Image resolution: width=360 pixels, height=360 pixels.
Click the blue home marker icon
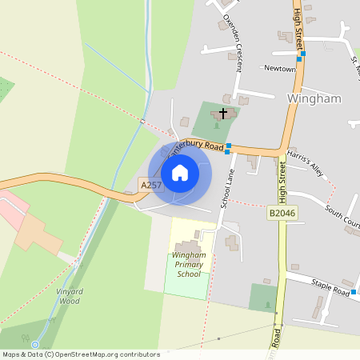click(180, 172)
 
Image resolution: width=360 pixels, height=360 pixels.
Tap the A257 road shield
click(151, 185)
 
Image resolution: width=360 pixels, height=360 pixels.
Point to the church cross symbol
click(222, 114)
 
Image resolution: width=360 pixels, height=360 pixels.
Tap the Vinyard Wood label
click(70, 296)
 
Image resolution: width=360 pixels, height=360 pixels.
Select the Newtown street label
click(280, 69)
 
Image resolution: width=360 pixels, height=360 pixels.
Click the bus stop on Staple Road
click(354, 294)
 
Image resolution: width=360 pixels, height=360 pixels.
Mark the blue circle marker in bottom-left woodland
click(34, 345)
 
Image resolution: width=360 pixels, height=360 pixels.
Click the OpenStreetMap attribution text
click(80, 354)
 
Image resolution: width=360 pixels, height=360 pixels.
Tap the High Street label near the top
click(298, 24)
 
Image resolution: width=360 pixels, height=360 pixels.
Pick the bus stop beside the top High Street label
click(301, 56)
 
